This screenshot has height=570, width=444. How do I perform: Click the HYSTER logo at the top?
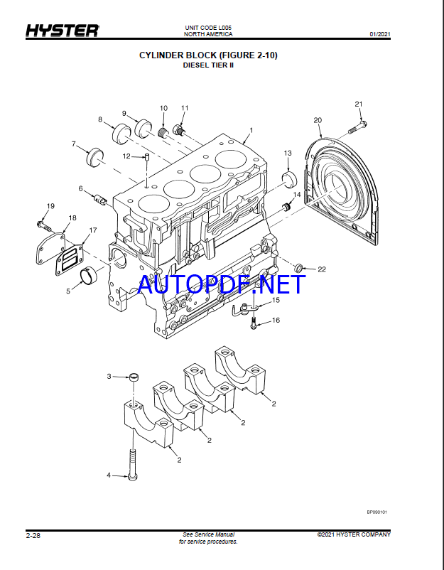[x=62, y=31]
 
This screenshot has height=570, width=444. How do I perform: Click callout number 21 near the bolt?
[x=359, y=104]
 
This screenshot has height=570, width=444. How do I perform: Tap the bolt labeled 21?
[x=357, y=127]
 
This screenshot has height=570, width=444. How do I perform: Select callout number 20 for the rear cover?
[x=318, y=120]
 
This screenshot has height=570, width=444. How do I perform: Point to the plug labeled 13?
[x=290, y=181]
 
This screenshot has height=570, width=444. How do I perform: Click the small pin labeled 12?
[x=147, y=157]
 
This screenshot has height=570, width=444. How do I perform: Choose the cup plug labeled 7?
[x=94, y=156]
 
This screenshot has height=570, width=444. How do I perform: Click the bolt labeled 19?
[x=43, y=225]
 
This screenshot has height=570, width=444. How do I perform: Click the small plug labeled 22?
[x=298, y=268]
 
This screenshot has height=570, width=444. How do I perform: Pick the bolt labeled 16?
[x=254, y=323]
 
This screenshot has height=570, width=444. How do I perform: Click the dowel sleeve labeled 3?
[x=134, y=377]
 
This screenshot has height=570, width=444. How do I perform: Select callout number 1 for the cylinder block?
[x=251, y=130]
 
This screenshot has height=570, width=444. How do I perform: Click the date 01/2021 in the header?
[x=380, y=34]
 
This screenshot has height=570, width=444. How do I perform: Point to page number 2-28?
[x=33, y=535]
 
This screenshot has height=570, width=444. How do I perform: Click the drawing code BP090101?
[x=377, y=512]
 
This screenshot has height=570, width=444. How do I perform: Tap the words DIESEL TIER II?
[x=208, y=65]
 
